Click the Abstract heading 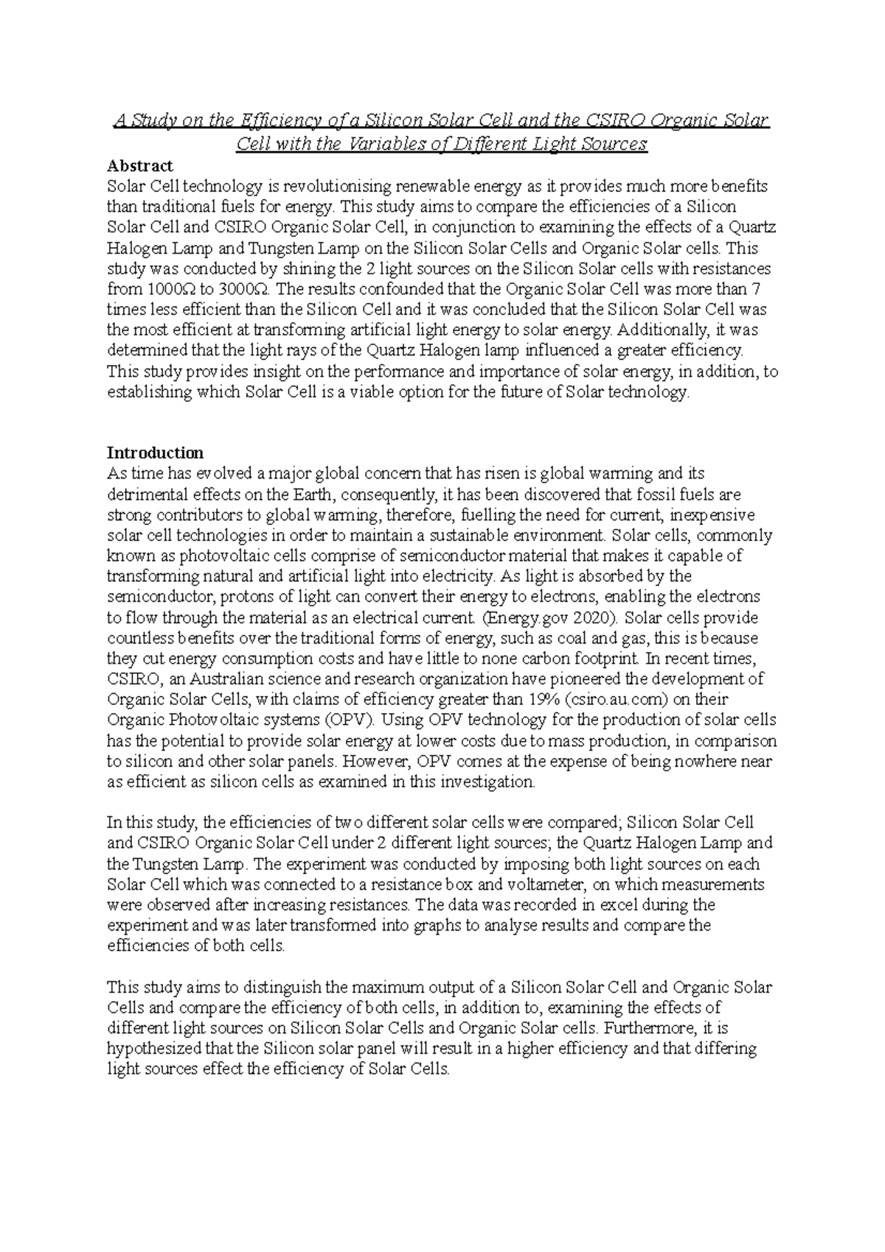139,166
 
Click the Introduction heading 155,452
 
